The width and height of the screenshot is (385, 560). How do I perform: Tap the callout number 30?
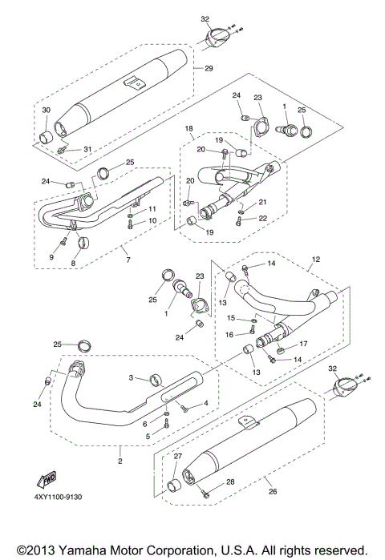46,110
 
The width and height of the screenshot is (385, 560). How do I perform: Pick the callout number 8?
74,262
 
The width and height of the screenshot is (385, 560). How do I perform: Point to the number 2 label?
121,461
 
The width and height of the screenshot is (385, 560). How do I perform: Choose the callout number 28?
230,481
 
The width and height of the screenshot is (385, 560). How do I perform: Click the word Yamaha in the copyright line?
75,547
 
